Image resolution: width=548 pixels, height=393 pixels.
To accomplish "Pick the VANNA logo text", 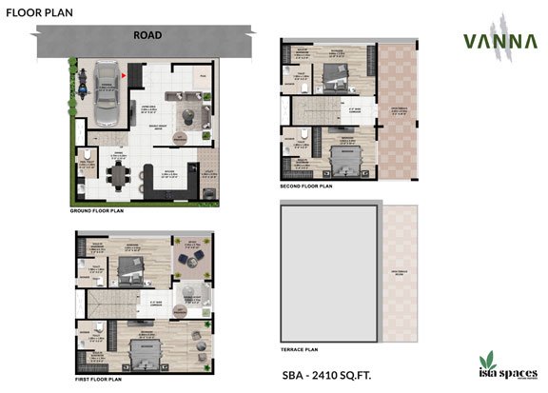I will point(491,41).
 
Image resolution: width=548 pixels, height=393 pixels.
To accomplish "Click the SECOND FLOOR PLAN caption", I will point(306,187).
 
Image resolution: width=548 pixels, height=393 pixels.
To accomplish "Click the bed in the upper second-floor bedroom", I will point(335,77).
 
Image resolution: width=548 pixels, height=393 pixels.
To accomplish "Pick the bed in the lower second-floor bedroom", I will point(335,153).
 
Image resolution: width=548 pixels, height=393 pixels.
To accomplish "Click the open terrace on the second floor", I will point(392,114).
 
